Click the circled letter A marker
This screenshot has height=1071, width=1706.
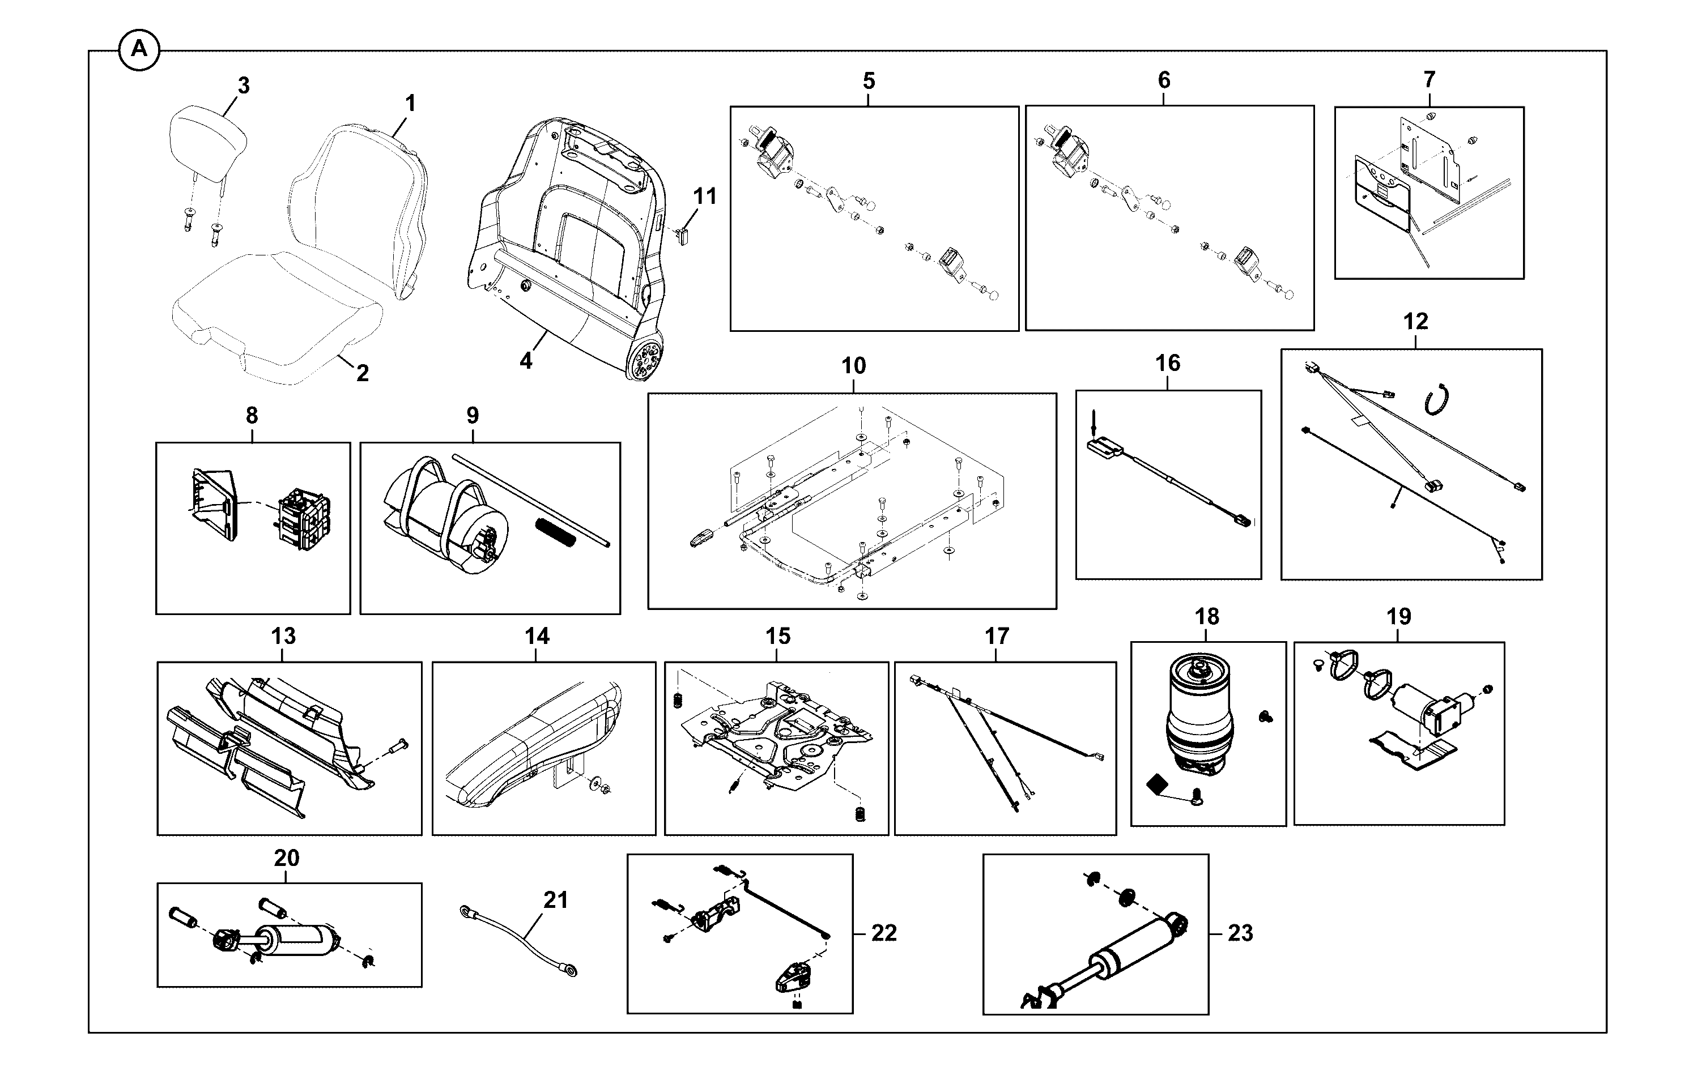tap(139, 50)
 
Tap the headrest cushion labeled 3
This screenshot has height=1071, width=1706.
tap(209, 140)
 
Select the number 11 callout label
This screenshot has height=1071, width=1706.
tap(704, 195)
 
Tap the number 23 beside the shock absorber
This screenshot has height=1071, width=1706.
tap(1240, 933)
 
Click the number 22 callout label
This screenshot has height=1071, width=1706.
tap(883, 933)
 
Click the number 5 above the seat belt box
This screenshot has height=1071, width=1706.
tap(869, 81)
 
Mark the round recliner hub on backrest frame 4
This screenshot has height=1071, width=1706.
tap(646, 359)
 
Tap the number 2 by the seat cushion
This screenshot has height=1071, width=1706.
tap(362, 373)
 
